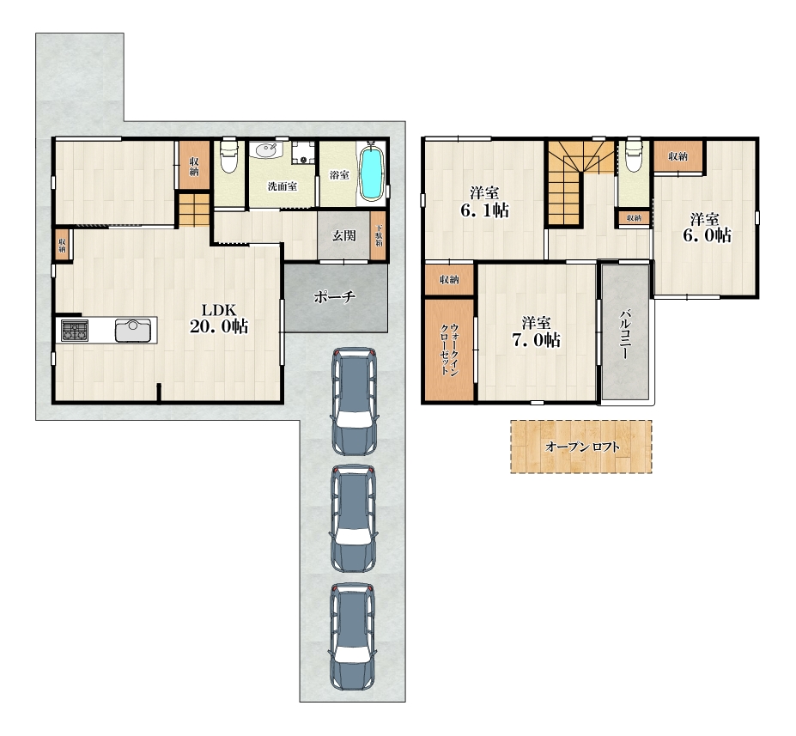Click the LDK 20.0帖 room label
(x=219, y=319)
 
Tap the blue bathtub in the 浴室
(x=372, y=173)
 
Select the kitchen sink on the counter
(x=133, y=331)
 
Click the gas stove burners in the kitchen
(x=75, y=331)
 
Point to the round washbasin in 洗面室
(x=266, y=150)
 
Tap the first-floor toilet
(x=229, y=155)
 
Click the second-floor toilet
(x=633, y=155)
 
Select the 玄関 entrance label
(x=343, y=235)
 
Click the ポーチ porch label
(x=335, y=297)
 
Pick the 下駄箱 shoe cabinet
(x=378, y=235)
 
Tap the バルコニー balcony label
(x=625, y=333)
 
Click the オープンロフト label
(x=582, y=447)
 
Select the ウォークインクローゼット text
(x=449, y=350)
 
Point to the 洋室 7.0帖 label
(x=536, y=332)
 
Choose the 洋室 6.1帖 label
(x=484, y=202)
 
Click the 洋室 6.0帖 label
(x=707, y=228)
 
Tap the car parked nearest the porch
(x=355, y=401)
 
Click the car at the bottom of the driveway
(x=353, y=636)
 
